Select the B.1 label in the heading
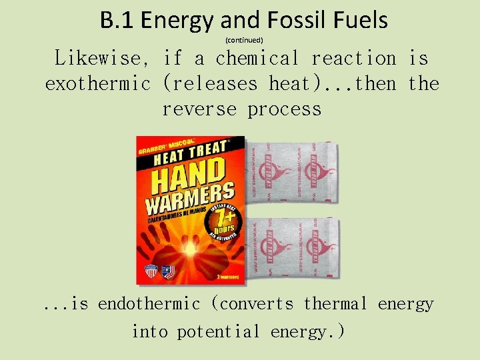pyautogui.click(x=117, y=21)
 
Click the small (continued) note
pyautogui.click(x=244, y=41)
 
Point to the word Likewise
pyautogui.click(x=103, y=59)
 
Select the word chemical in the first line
pyautogui.click(x=257, y=59)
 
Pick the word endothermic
pyautogui.click(x=149, y=304)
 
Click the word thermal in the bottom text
pyautogui.click(x=335, y=304)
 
